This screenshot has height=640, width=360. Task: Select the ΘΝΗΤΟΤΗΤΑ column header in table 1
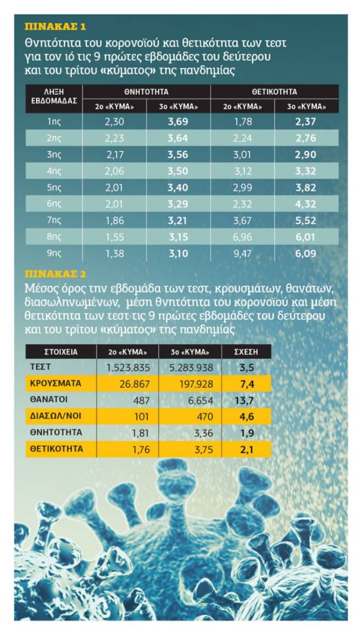tap(146, 91)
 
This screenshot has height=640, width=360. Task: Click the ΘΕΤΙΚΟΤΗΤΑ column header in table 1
tap(274, 91)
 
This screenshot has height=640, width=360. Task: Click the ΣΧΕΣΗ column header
tap(249, 351)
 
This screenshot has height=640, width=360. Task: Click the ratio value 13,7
tap(249, 400)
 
